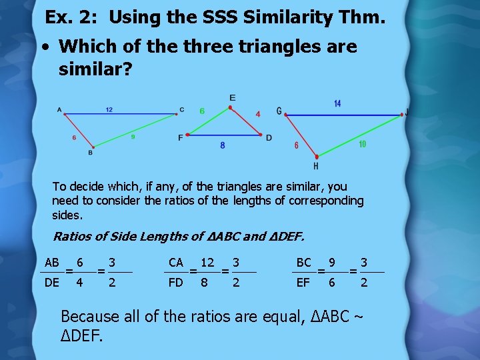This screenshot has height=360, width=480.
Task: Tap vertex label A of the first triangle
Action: click(x=59, y=109)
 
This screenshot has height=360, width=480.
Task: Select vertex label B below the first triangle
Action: click(x=90, y=153)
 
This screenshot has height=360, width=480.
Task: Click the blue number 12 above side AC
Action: click(x=109, y=109)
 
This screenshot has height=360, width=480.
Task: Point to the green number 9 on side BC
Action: click(x=133, y=137)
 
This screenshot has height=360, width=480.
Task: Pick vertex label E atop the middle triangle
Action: click(x=232, y=98)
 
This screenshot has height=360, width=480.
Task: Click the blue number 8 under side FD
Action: click(x=222, y=145)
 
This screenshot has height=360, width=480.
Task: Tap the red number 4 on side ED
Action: click(x=257, y=114)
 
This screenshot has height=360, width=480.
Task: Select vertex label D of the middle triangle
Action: click(x=269, y=137)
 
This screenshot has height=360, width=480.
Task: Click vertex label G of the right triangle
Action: click(x=279, y=111)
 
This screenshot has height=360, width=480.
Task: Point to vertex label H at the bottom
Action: click(x=315, y=165)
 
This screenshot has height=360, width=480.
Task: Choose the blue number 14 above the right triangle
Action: click(x=337, y=103)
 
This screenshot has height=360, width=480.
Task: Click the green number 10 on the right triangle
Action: click(x=362, y=144)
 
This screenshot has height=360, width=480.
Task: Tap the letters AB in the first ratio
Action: click(x=52, y=263)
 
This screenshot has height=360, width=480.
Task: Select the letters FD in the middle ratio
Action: click(x=175, y=283)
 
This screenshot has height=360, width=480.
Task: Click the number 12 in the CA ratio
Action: click(x=207, y=263)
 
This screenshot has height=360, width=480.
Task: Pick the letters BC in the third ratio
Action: click(x=303, y=263)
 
